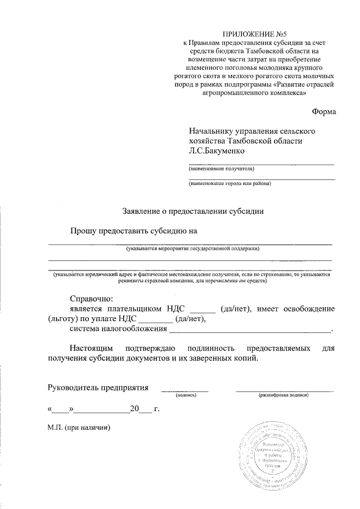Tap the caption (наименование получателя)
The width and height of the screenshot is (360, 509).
(x=221, y=168)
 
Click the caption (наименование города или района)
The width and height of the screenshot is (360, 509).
(x=229, y=183)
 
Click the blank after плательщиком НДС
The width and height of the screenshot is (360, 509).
(x=203, y=309)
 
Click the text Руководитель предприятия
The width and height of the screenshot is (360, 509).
(x=98, y=388)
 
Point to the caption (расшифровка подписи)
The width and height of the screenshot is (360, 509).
(x=284, y=396)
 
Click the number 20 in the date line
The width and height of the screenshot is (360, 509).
(x=134, y=409)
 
